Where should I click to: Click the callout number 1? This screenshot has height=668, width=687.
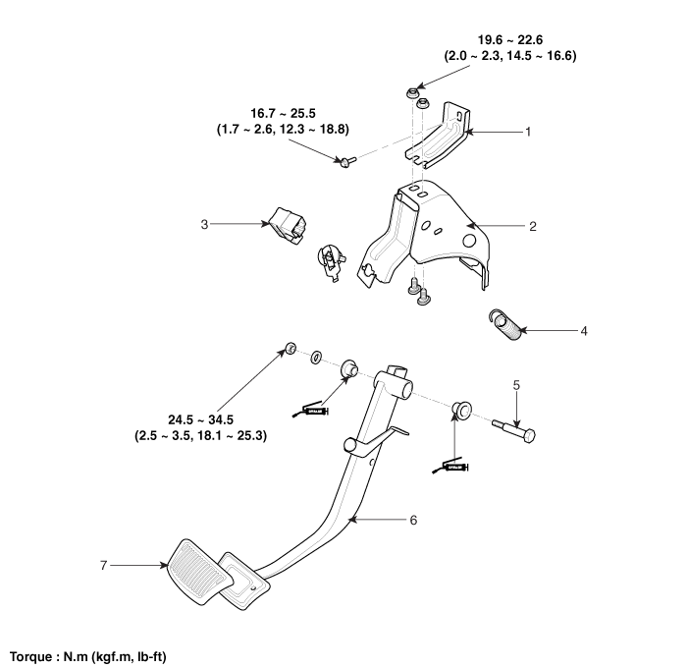[527, 131]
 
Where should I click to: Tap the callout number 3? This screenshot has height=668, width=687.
[203, 224]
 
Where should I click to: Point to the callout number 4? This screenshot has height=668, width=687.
[583, 331]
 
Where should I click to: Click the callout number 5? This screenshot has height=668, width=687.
[517, 386]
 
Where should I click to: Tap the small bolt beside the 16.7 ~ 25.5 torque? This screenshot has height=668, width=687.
[345, 164]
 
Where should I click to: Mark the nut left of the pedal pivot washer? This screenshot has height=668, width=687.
[291, 347]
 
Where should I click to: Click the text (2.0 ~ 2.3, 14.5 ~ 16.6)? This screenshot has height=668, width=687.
[511, 56]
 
